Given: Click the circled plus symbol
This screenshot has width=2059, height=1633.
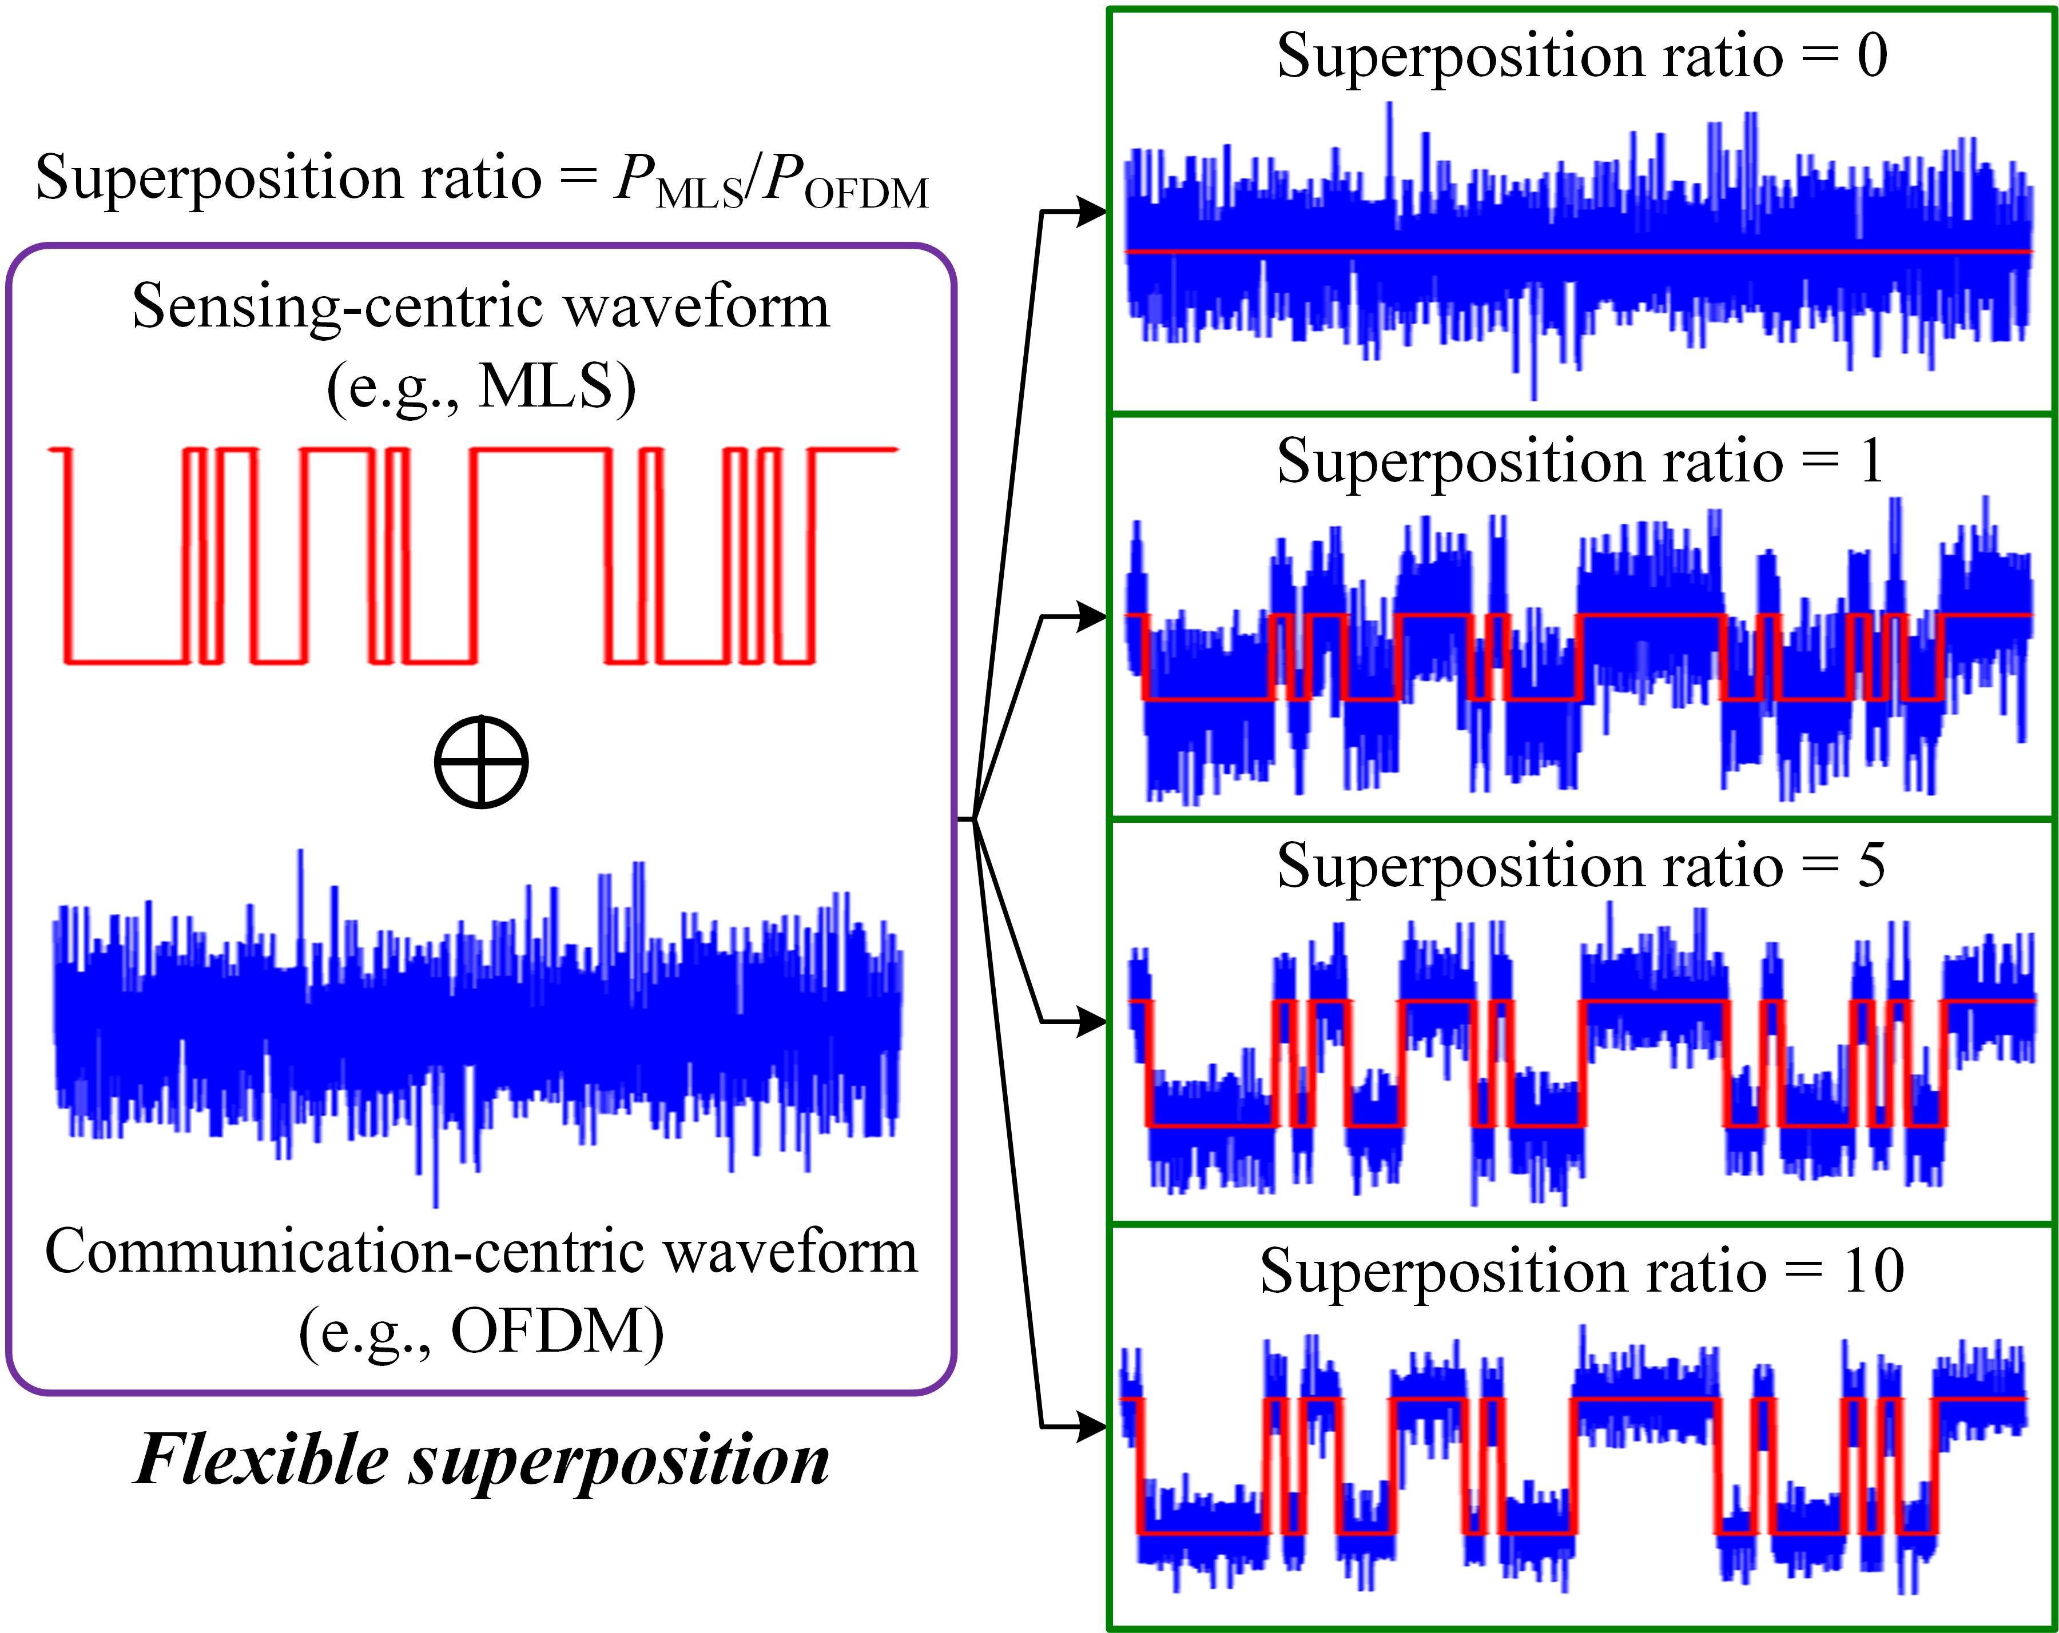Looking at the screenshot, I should pos(482,762).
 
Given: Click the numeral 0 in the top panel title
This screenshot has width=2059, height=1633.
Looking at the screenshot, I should pos(1872,55).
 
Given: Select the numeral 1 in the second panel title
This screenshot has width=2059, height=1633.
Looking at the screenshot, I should pos(1872,461).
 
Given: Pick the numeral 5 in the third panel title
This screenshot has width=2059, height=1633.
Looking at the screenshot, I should pos(1872,866).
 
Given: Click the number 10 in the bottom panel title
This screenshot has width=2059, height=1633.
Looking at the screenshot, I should pos(1874,1271).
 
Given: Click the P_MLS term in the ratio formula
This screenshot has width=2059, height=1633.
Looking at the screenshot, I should pos(678,181).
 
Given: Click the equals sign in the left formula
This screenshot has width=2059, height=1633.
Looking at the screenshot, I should pos(577,178).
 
